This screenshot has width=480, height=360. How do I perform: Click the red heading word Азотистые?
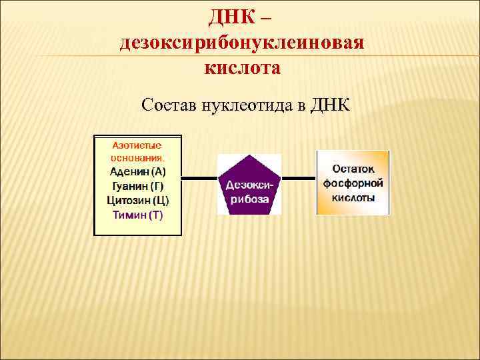pos(137,145)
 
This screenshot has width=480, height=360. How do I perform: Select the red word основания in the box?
pos(137,159)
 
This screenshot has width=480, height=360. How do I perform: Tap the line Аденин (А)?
pos(138,172)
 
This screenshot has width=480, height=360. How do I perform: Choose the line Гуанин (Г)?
pos(138,186)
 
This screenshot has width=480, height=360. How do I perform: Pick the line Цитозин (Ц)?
pos(138,200)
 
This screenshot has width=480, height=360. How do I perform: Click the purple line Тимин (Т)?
pos(138,215)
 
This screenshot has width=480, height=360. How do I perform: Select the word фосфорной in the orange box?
pos(353,183)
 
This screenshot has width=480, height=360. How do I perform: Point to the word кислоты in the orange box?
pos(353,197)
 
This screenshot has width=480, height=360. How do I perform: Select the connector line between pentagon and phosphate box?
pos(299,179)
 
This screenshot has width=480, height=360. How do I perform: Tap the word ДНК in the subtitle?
pos(331,105)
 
